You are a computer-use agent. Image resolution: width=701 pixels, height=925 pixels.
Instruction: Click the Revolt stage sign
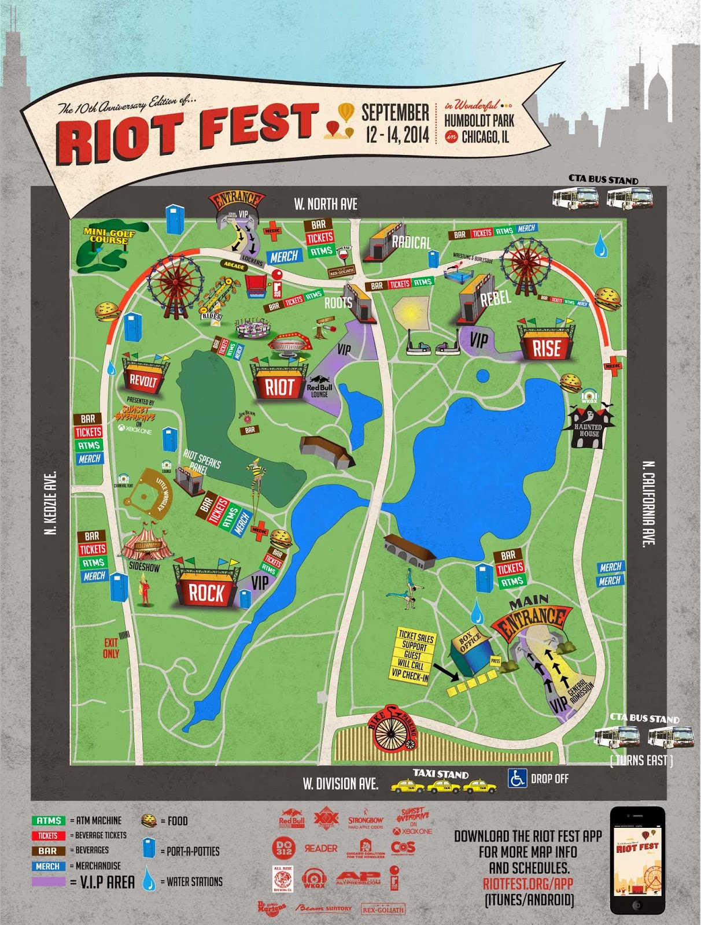(x=143, y=380)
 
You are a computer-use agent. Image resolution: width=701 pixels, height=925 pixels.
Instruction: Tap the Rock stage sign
(x=206, y=593)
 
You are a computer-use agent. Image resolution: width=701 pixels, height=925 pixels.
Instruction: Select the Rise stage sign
(x=547, y=347)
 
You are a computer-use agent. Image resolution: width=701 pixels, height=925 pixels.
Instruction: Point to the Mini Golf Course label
(x=109, y=236)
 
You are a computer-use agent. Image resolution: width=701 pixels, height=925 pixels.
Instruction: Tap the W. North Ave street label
(x=326, y=204)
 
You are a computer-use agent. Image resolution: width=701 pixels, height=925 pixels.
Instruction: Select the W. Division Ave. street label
(x=340, y=784)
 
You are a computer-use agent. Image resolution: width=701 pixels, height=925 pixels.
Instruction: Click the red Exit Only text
(x=111, y=647)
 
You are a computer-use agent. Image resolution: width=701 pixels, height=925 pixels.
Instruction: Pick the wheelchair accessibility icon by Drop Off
(x=517, y=778)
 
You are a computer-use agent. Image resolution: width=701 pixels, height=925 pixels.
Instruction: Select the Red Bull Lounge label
(x=319, y=390)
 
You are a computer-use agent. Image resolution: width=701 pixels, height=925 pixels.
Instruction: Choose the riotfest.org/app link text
(x=527, y=883)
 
